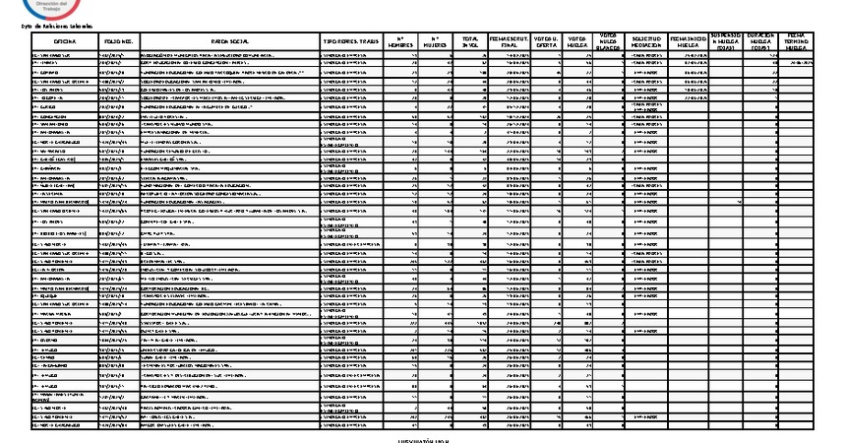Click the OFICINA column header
tap(65, 41)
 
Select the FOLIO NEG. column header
tap(119, 41)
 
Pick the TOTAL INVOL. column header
tap(469, 41)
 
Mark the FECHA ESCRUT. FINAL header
tap(508, 41)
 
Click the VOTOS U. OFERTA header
tap(548, 41)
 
